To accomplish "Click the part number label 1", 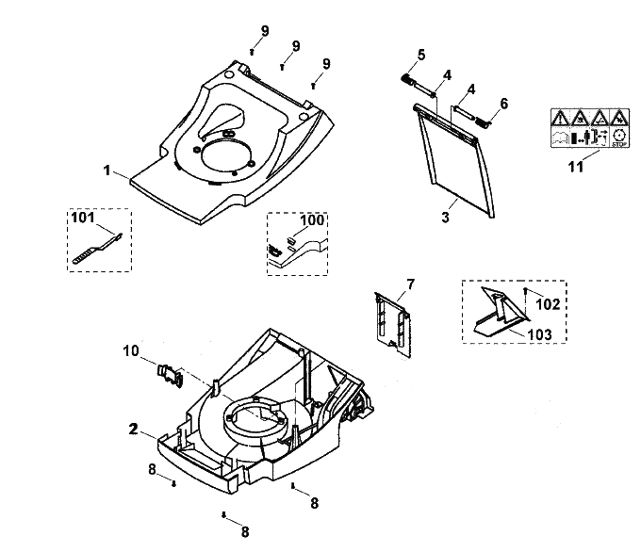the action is (x=107, y=170).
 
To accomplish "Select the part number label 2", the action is (x=133, y=430).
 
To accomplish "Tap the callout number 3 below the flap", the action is (x=445, y=217).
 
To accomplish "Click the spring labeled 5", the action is (x=407, y=79).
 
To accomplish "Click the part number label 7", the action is (x=410, y=284).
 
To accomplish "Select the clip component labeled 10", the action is (x=171, y=375).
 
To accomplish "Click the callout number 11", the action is (x=576, y=167).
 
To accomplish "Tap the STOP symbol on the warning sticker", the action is (x=619, y=138).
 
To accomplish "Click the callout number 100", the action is (x=312, y=220).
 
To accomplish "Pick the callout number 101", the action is (x=83, y=218).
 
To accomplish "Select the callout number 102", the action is (x=548, y=304).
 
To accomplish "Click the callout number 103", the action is (x=539, y=334).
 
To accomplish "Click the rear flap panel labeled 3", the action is (x=454, y=159).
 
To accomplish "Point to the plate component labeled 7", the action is (x=392, y=323).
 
